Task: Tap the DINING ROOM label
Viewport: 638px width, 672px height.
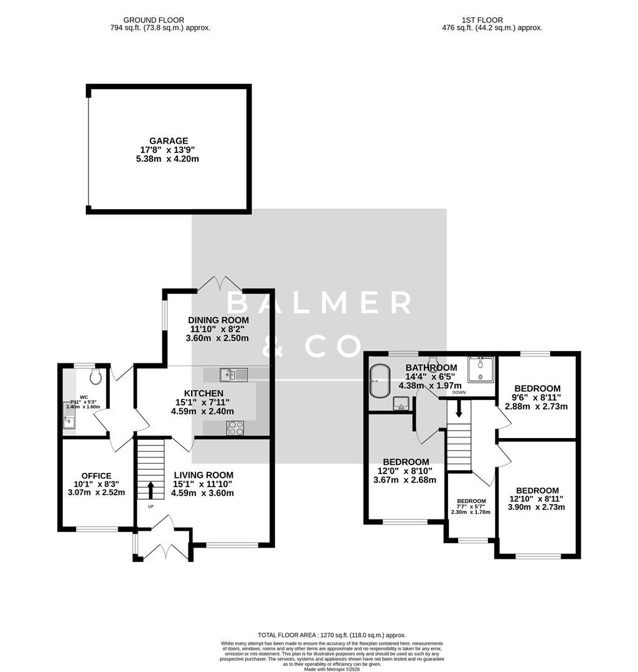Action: coord(218,320)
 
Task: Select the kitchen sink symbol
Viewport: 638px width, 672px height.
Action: coord(233,374)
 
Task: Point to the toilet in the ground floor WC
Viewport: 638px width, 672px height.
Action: coord(95,376)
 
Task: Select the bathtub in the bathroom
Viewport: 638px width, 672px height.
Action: coord(378,381)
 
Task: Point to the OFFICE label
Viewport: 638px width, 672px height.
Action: coord(96,476)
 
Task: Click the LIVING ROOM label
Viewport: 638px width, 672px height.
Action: coord(204,475)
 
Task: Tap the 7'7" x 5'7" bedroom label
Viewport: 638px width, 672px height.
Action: coord(471,501)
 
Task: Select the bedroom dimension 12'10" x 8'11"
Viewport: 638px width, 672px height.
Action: coord(537,498)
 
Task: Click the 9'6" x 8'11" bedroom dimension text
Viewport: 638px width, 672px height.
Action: coord(537,398)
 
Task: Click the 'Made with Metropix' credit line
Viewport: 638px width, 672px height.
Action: coord(331,669)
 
